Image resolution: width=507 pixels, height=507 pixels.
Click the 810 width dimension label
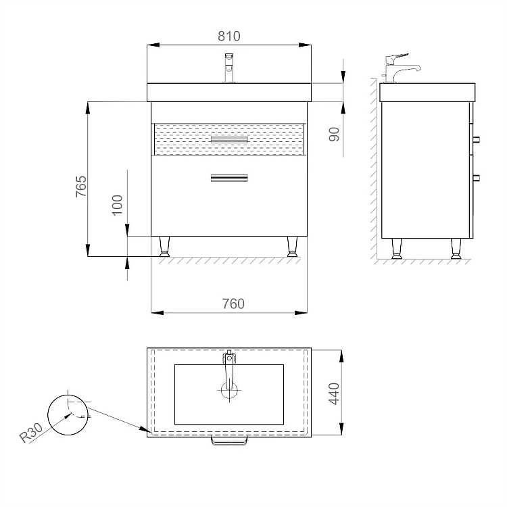(x=229, y=36)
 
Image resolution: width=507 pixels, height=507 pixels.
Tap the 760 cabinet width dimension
(x=233, y=304)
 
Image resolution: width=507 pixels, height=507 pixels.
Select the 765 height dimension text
(x=81, y=187)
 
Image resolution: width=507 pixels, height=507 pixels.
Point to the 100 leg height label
(x=117, y=205)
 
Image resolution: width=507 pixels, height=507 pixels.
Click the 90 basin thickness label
(x=334, y=135)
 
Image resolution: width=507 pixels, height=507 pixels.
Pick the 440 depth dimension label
(x=334, y=393)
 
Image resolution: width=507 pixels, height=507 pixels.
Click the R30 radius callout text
(x=31, y=433)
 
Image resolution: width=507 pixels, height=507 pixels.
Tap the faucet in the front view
(x=229, y=68)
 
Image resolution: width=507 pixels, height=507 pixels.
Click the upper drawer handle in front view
(x=229, y=139)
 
